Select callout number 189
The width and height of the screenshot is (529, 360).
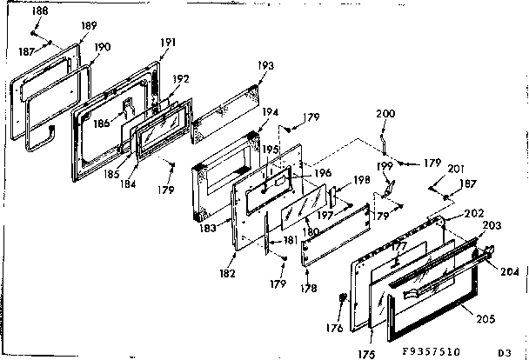click(x=89, y=27)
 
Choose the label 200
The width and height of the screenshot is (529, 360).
click(x=385, y=114)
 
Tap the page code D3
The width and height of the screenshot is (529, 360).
click(x=504, y=352)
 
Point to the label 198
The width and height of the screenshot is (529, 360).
click(x=363, y=180)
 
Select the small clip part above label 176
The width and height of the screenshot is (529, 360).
click(x=340, y=302)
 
